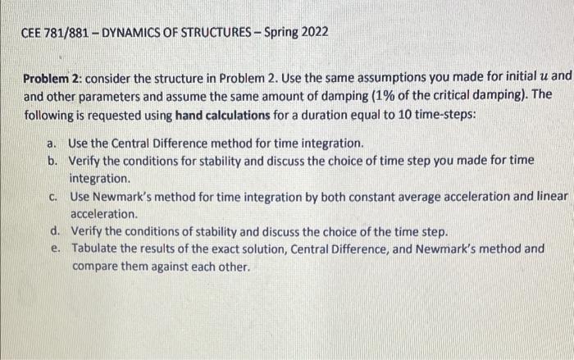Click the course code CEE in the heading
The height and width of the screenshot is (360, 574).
(x=31, y=33)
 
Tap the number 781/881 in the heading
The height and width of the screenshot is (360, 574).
(x=66, y=33)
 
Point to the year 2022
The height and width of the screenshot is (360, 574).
(x=315, y=32)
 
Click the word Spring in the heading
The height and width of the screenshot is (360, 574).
(x=281, y=33)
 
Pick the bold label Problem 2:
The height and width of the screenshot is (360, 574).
(x=52, y=79)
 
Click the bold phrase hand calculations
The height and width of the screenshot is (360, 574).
(x=222, y=116)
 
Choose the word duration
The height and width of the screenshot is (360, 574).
(x=321, y=115)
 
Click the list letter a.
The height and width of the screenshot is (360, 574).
(x=51, y=144)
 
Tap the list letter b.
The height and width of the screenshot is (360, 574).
(x=52, y=161)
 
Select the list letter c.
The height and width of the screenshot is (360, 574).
(x=53, y=198)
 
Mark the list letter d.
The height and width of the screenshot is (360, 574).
(x=55, y=230)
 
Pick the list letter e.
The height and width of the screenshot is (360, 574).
(x=55, y=248)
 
